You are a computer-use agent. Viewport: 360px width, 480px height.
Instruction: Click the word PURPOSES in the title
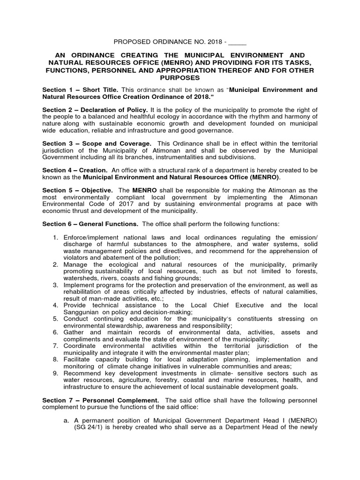[x=180, y=78]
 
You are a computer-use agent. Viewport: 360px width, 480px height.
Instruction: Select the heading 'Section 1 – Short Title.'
[x=80, y=90]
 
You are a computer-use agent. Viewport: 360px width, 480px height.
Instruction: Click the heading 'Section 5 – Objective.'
[x=77, y=190]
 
